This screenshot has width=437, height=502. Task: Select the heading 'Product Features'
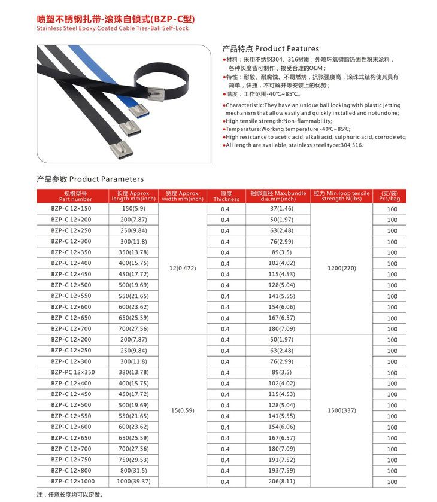271,48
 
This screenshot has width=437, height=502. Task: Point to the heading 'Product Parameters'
90,179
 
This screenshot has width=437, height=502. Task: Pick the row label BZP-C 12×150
71,209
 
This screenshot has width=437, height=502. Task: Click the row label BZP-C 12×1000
73,481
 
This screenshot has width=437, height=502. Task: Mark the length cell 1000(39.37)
133,481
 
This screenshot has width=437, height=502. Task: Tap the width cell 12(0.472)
183,269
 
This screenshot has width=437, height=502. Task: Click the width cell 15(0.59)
183,410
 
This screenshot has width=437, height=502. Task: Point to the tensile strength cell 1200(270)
342,269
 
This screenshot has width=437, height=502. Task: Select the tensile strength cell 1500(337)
342,410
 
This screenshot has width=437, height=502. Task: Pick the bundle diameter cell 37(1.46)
281,209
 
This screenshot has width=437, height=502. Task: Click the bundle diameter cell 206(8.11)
281,481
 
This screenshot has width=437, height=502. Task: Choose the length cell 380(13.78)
133,372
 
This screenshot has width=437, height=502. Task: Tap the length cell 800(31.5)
133,470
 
